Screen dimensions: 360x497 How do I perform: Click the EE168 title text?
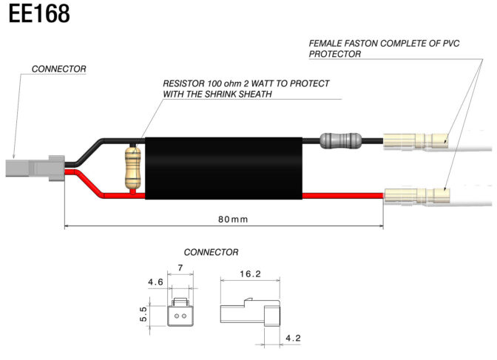(x=40, y=14)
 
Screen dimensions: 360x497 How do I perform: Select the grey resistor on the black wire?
(x=340, y=139)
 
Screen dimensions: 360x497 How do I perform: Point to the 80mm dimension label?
(x=224, y=220)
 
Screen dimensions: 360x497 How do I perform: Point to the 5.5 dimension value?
(x=143, y=314)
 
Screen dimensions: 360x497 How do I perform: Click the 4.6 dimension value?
(x=155, y=282)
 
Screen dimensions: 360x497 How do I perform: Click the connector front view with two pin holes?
(x=180, y=312)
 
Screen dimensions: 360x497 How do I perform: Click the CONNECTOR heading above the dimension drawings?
(x=211, y=252)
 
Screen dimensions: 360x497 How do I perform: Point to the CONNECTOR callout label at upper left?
(x=58, y=69)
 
